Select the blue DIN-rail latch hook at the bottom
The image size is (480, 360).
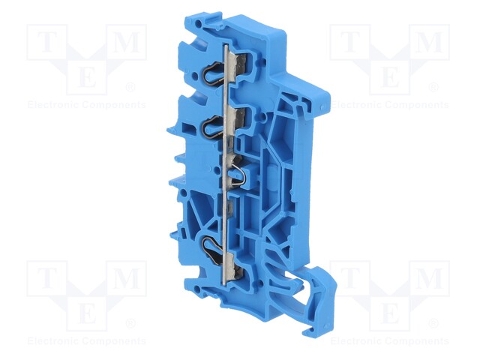318,294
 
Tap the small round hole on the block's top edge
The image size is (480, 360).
199,23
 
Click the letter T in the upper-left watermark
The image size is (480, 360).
46,42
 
